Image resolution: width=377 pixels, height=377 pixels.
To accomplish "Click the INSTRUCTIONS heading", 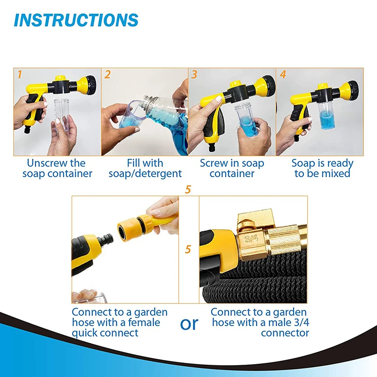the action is [x=76, y=20].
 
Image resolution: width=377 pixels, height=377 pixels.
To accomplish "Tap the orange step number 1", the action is [x=20, y=74].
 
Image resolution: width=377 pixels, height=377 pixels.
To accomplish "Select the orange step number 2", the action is [x=107, y=74].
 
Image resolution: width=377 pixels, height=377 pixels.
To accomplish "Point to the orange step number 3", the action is [x=194, y=74].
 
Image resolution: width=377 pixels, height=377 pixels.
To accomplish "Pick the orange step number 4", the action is [x=283, y=74].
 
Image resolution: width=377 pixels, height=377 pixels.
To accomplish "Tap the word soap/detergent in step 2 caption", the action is [x=145, y=173].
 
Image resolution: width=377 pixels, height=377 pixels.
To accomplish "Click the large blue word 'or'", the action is [x=189, y=324].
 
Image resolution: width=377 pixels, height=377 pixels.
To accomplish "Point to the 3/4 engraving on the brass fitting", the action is [x=252, y=238].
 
